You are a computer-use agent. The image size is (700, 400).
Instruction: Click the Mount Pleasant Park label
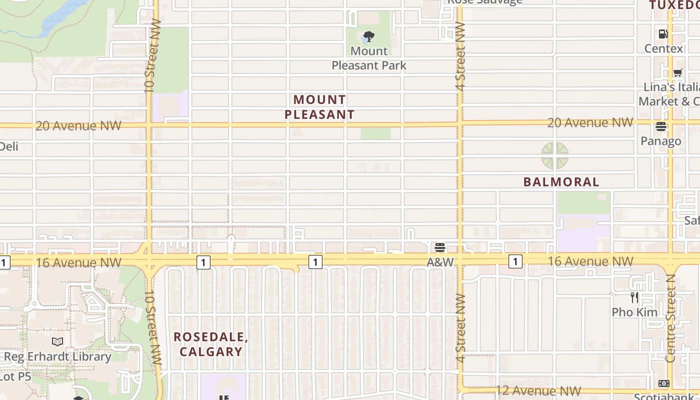(x=369, y=58)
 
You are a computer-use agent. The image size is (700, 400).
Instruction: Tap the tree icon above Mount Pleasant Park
(x=369, y=36)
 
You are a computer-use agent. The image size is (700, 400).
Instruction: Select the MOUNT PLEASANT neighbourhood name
(x=319, y=107)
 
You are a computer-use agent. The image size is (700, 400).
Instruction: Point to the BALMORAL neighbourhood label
(x=561, y=182)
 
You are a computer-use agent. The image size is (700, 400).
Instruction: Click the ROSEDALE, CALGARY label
(x=211, y=344)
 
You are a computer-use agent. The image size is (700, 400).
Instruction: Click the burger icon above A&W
(x=440, y=247)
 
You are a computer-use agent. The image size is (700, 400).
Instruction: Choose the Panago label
(x=661, y=141)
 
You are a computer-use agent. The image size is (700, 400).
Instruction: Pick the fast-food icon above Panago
(x=661, y=126)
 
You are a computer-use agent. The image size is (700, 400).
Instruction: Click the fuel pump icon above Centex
(x=663, y=34)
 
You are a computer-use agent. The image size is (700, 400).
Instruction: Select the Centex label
(x=663, y=48)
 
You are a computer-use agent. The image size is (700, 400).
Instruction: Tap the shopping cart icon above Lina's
(x=677, y=72)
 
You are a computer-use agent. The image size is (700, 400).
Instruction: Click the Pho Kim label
(x=634, y=312)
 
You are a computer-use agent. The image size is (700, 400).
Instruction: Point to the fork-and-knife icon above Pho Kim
(x=634, y=297)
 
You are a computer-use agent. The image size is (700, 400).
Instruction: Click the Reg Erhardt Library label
(x=57, y=356)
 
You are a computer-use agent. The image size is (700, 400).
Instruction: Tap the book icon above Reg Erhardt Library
(x=57, y=342)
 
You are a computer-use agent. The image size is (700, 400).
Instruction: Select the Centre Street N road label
(x=671, y=318)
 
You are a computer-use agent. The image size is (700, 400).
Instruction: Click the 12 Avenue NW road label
(x=538, y=390)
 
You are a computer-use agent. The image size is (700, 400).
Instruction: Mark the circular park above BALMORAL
(x=554, y=155)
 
